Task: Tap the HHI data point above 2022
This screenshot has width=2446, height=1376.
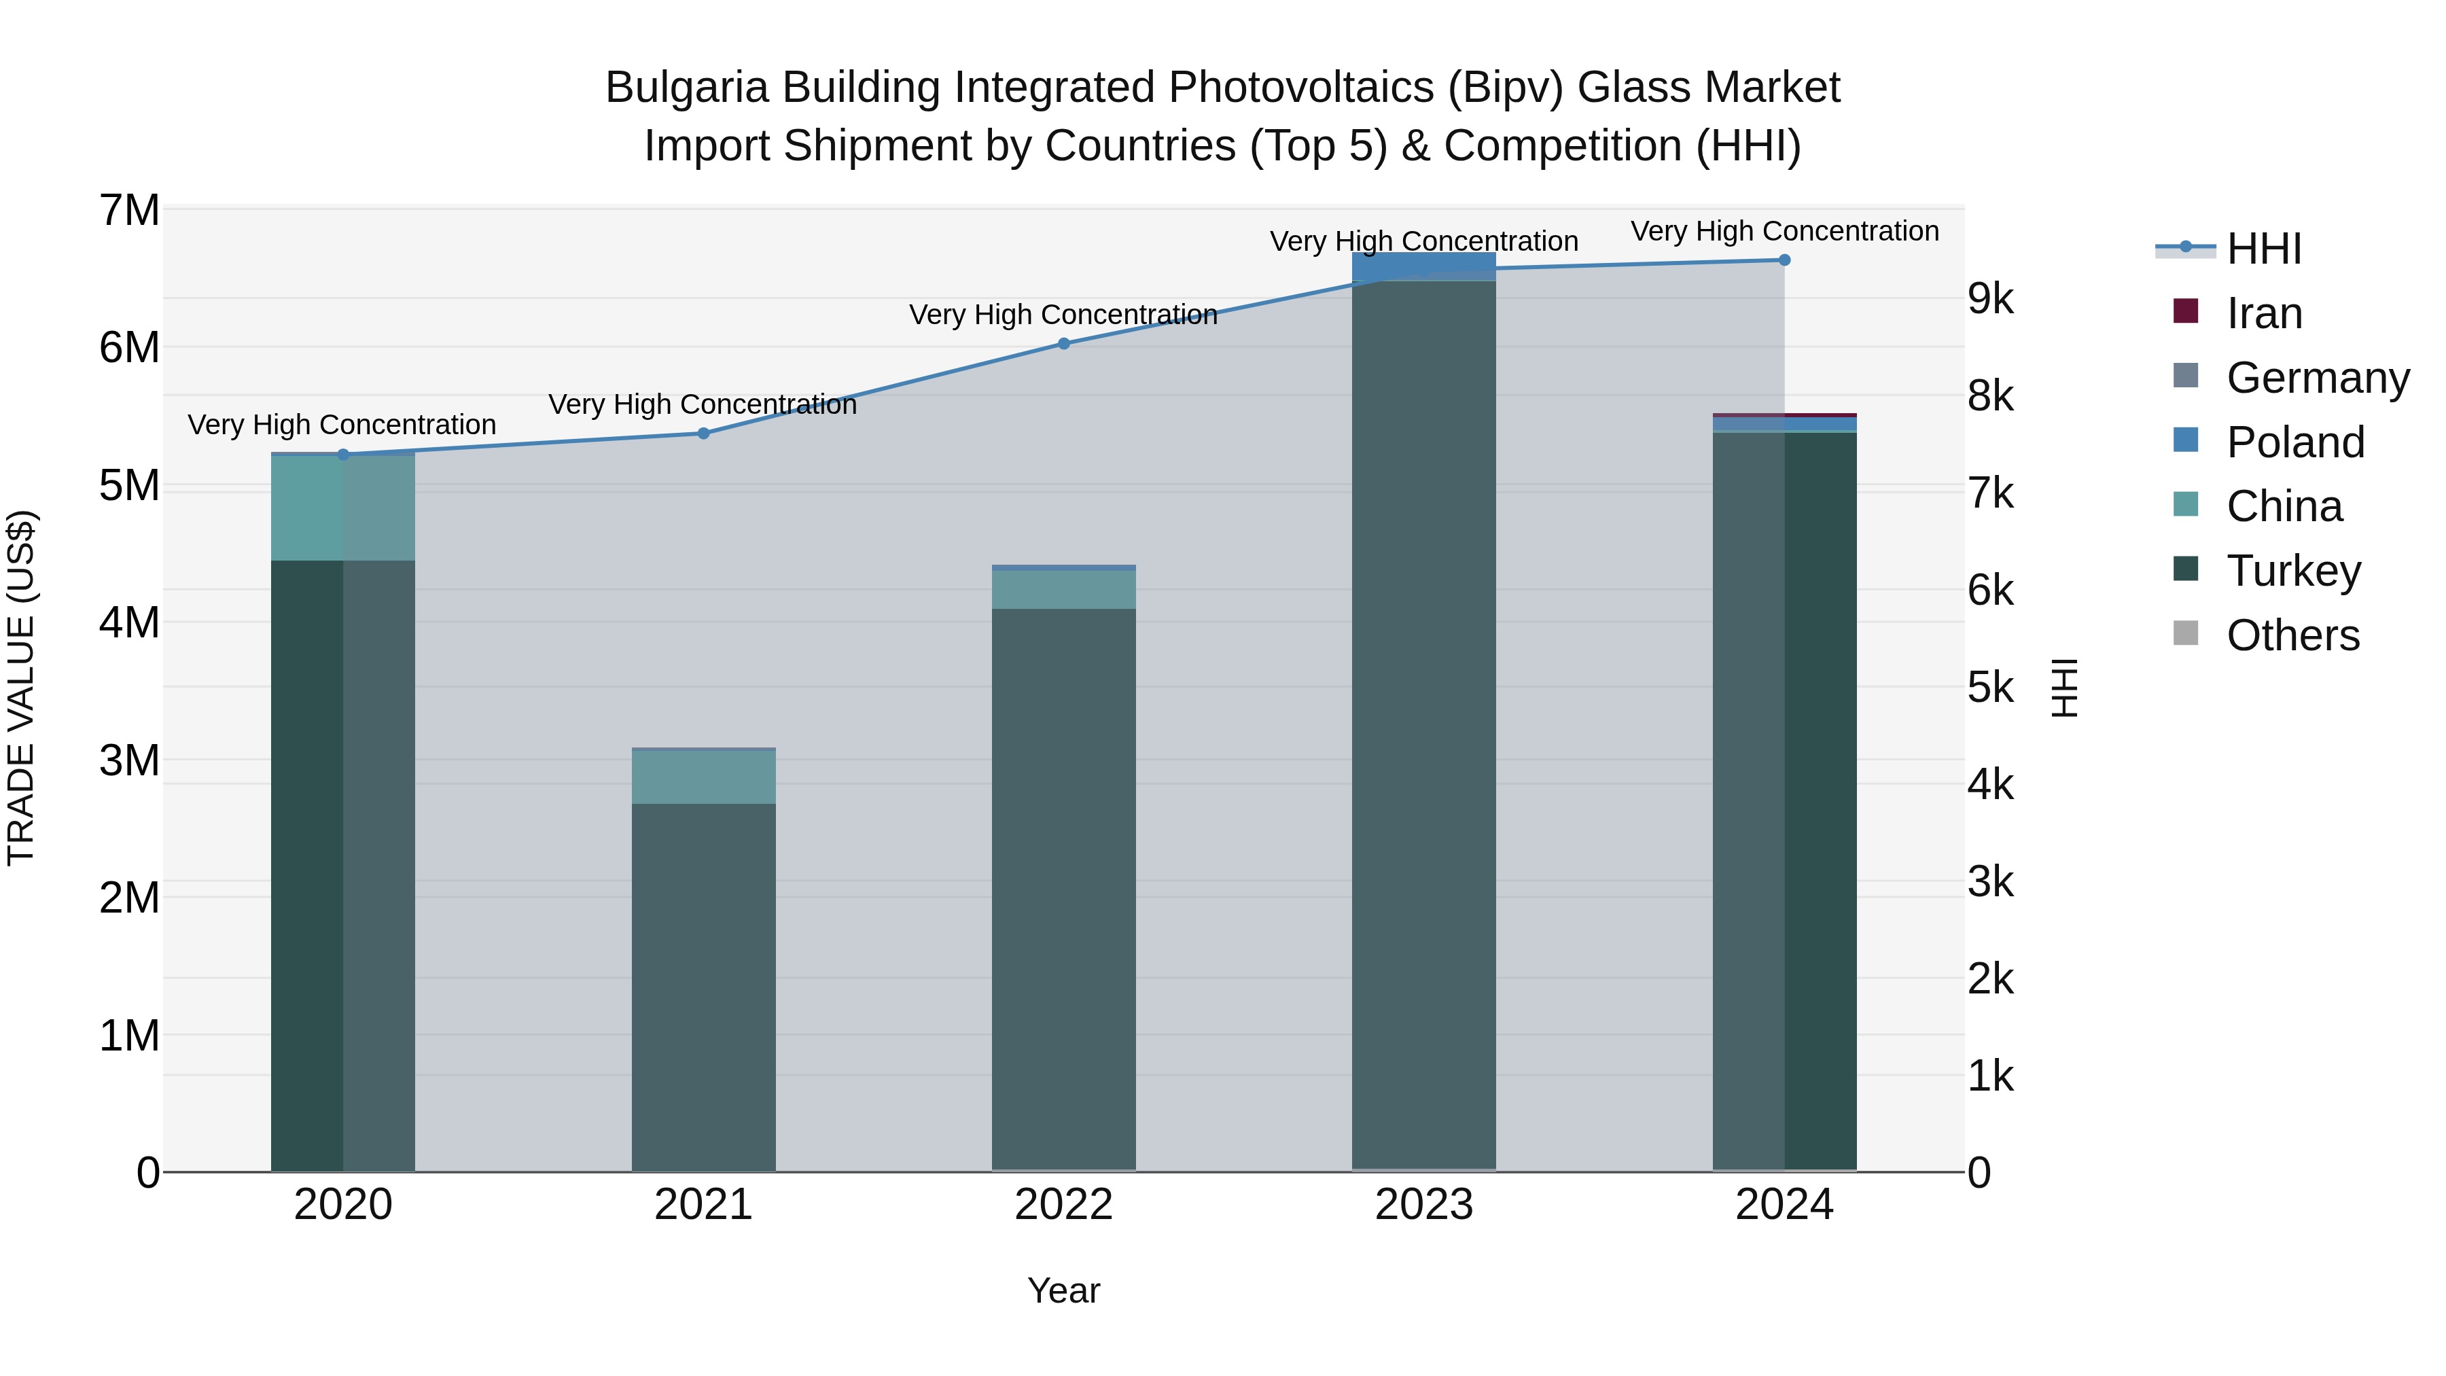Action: click(1063, 344)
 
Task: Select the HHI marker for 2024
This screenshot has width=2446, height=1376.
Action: click(1784, 260)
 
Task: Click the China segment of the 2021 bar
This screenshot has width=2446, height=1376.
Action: click(704, 777)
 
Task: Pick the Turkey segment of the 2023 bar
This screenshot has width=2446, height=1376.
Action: click(1423, 722)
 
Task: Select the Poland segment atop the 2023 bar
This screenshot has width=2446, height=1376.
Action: click(1423, 266)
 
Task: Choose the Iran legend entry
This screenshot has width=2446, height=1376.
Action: click(2264, 313)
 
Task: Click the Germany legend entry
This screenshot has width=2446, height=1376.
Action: click(2317, 378)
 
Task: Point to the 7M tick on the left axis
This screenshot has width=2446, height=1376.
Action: click(129, 210)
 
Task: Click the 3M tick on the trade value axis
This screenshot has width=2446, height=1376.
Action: click(129, 760)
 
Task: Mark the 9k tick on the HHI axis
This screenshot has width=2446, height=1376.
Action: click(1990, 299)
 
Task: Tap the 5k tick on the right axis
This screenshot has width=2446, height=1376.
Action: click(1990, 688)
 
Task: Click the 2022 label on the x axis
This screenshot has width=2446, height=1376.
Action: click(1063, 1205)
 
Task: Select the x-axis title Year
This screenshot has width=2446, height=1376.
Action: click(1063, 1290)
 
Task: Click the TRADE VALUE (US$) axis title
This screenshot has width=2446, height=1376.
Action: click(21, 688)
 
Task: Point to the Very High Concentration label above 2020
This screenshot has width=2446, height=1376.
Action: click(342, 425)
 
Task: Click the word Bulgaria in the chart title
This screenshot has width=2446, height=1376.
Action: click(686, 88)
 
